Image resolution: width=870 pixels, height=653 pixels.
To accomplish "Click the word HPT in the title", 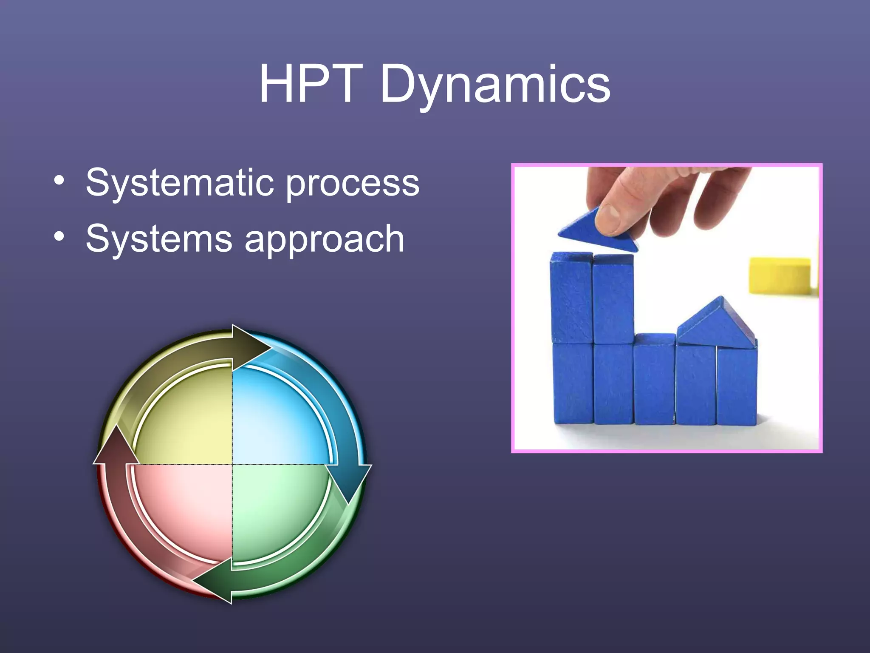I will (311, 84).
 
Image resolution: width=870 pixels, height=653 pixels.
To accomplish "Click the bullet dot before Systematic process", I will (59, 180).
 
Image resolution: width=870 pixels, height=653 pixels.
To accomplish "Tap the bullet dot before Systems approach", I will (59, 236).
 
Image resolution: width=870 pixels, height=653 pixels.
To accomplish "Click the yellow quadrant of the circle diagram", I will (187, 419).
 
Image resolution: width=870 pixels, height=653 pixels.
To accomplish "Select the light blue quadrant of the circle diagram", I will (276, 419).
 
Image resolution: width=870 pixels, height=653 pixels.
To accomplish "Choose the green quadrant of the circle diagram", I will (276, 510).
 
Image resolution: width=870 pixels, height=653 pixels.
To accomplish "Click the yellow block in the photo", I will (780, 275).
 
